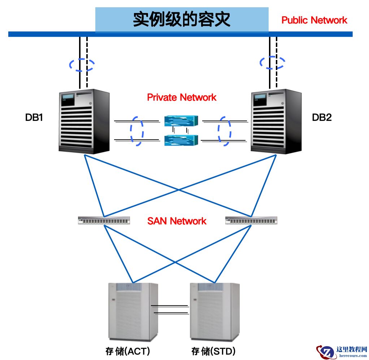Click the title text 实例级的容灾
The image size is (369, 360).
182,19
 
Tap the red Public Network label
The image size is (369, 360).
314,20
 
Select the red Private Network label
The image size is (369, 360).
182,97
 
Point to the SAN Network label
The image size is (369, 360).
177,221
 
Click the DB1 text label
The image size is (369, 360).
34,117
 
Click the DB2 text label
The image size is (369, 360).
321,117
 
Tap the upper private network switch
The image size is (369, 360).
181,121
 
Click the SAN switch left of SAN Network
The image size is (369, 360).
104,220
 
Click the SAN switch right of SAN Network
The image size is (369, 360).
251,220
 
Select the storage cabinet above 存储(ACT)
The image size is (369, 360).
134,312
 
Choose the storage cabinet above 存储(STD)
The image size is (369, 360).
215,312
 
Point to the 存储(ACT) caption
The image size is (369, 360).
128,351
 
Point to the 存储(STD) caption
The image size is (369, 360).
214,351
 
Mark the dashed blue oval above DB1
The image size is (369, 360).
82,65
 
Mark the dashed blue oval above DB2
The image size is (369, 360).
272,62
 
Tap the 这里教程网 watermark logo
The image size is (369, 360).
342,351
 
